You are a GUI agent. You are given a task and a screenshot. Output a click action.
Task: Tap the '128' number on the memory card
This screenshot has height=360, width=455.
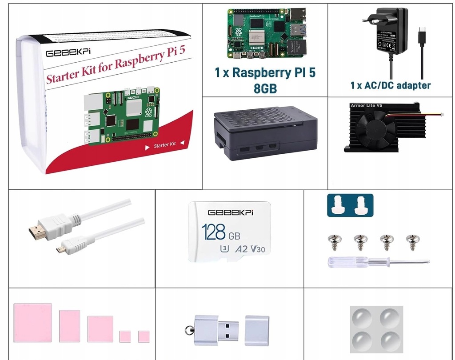coord(213,232)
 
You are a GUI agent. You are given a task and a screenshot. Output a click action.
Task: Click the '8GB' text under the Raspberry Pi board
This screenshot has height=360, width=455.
coord(265,88)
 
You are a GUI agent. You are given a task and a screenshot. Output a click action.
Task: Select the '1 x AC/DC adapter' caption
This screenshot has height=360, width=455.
coord(390,85)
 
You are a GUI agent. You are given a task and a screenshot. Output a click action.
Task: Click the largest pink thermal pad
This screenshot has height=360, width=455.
coord(32,323)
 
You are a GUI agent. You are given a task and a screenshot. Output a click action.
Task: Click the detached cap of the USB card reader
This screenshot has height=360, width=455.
coord(257,330)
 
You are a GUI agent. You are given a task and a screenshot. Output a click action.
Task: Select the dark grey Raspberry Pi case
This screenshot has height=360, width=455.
coord(266,133)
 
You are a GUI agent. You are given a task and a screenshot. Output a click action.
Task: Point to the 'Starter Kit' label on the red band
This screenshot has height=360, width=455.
coord(165,145)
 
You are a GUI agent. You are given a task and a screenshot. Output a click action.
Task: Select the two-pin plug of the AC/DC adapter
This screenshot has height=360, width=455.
coord(370,19)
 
